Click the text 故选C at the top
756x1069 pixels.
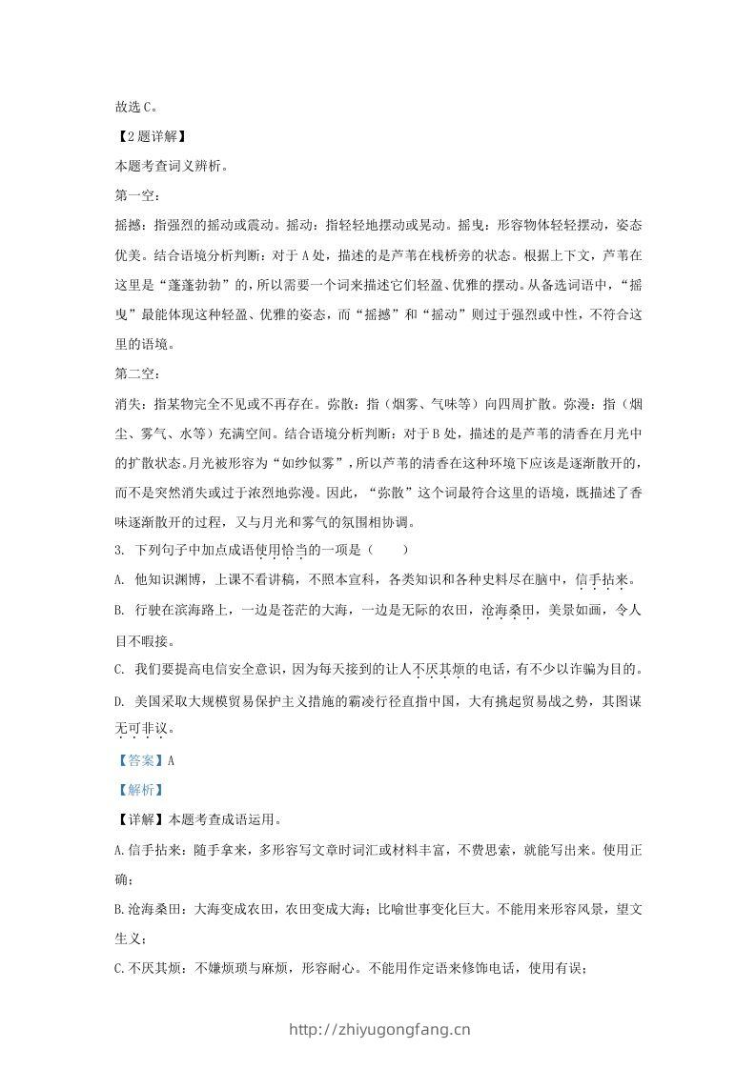point(134,109)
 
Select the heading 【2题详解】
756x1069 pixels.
point(143,139)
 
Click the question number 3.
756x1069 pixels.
point(116,550)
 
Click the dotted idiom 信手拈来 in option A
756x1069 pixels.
point(603,579)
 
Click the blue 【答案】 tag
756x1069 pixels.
point(138,759)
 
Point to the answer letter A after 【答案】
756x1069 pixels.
point(171,759)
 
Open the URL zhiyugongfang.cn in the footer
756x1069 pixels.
point(378,1029)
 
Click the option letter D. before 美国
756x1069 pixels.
point(118,700)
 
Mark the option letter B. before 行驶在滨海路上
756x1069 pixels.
point(118,610)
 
